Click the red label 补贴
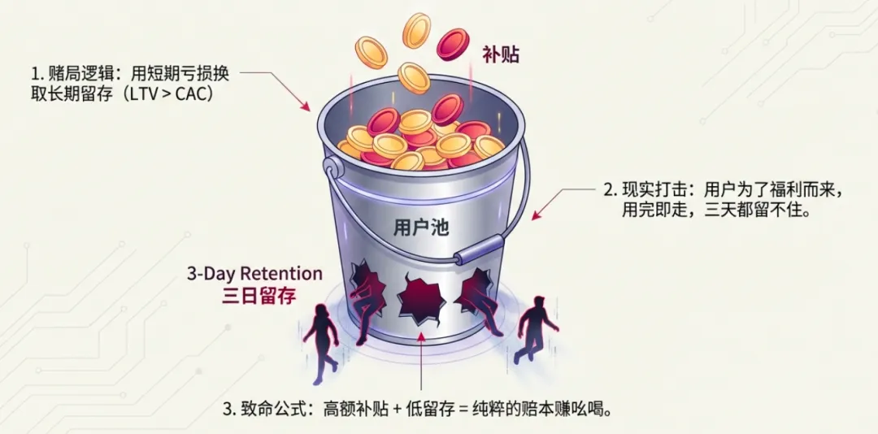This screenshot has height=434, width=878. pos(500,55)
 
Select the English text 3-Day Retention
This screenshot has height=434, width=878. pos(254,273)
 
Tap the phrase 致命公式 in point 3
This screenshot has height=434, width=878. pos(275,406)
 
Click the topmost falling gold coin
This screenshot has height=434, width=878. pos(417,30)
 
